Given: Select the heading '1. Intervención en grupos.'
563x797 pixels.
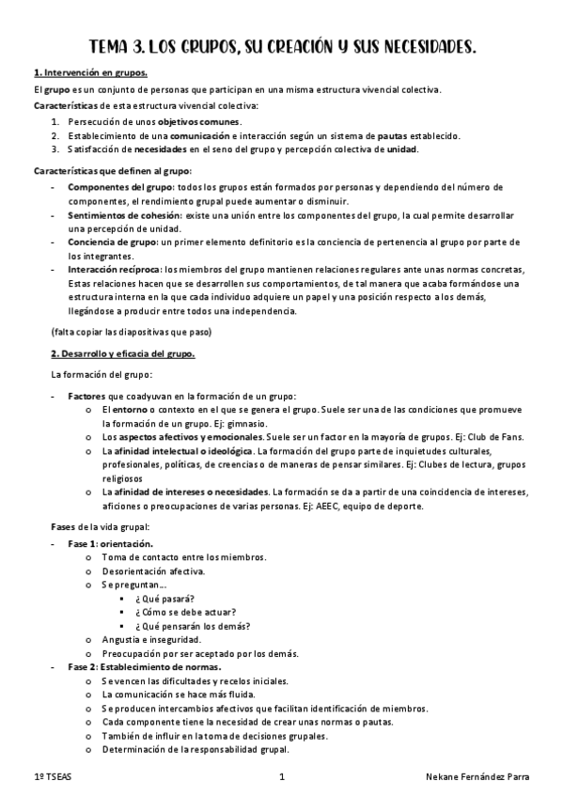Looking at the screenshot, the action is [x=90, y=73].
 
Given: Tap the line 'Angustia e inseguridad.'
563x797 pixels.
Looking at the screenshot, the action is [x=149, y=640].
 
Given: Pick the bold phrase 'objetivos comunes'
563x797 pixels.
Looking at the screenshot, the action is [x=198, y=122].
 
